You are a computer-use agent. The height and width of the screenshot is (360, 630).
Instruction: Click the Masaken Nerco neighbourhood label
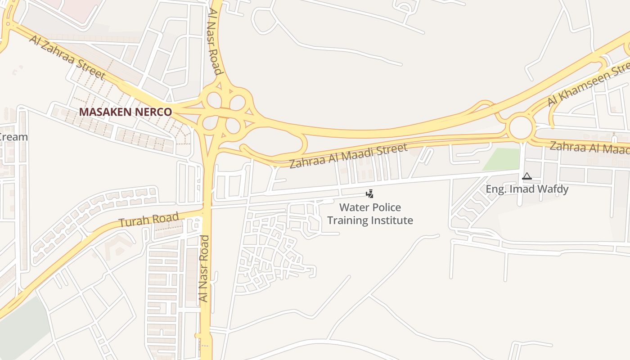tap(126, 112)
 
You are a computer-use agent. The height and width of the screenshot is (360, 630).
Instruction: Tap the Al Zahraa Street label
tap(67, 58)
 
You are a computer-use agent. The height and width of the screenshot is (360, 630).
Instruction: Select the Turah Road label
tap(149, 220)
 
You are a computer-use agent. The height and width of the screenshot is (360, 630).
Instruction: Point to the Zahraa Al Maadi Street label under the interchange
tap(348, 155)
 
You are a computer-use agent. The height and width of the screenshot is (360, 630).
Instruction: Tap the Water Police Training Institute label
tap(370, 214)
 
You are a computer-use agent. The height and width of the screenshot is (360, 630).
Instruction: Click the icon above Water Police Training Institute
tap(369, 194)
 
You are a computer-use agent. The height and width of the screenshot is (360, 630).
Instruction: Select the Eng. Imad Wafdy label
tap(527, 189)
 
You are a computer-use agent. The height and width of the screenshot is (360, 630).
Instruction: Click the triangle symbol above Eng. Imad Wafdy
tap(526, 176)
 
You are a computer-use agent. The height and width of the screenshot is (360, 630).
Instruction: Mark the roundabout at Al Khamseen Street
tap(521, 128)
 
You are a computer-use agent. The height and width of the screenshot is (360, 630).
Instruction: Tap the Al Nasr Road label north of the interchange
tap(215, 40)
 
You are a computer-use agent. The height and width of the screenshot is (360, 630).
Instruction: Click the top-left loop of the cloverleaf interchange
tap(214, 99)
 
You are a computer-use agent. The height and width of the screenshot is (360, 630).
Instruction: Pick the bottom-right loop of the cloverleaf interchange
tap(233, 126)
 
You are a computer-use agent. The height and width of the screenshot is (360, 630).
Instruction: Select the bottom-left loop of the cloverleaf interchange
tap(210, 122)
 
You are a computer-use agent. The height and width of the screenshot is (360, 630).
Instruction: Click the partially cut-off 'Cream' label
tap(13, 137)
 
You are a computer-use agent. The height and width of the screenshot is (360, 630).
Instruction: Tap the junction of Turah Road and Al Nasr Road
tap(206, 209)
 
